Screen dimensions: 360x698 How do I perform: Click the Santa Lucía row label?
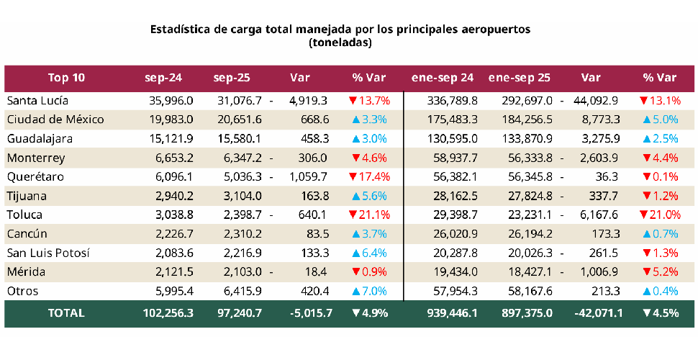[x=37, y=100]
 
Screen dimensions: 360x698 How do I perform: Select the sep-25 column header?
[x=231, y=78]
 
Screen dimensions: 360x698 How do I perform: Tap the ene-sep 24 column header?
[x=442, y=78]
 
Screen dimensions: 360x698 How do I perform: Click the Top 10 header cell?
[x=66, y=78]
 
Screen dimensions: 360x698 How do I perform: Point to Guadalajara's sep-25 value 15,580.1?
[x=238, y=138]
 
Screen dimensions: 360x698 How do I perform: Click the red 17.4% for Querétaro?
[x=368, y=176]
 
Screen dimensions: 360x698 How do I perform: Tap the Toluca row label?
[x=24, y=215]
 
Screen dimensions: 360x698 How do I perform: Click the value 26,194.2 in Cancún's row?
[x=528, y=234]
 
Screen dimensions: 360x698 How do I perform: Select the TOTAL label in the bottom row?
[x=66, y=313]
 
